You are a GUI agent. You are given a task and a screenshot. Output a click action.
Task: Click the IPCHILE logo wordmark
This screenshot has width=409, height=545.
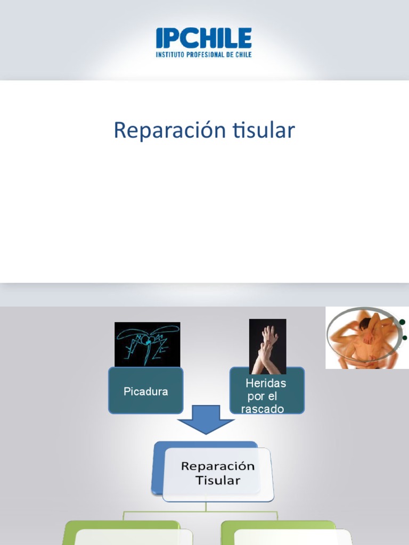click(204, 38)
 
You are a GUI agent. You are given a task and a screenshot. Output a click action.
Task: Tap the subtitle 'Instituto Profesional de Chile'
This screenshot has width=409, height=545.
click(204, 54)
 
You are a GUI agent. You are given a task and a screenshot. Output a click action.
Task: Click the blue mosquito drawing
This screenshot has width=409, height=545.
click(148, 344)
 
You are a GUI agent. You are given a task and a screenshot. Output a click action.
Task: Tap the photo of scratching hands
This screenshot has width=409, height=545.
click(268, 346)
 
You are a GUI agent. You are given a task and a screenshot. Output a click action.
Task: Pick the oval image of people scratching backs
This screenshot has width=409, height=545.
click(362, 338)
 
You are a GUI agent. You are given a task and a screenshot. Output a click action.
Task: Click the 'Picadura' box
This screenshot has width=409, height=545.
click(146, 391)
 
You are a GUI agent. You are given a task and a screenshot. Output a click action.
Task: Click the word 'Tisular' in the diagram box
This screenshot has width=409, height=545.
click(218, 480)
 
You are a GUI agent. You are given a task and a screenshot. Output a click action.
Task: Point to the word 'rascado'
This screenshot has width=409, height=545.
click(263, 409)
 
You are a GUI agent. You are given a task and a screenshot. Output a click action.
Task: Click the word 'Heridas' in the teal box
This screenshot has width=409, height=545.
click(266, 383)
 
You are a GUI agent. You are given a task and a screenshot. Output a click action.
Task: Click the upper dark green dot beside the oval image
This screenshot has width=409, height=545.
click(403, 322)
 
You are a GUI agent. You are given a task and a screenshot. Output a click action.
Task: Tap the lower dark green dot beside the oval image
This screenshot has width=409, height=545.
click(405, 338)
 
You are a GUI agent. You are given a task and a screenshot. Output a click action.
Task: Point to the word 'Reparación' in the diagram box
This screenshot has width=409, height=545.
click(218, 466)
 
